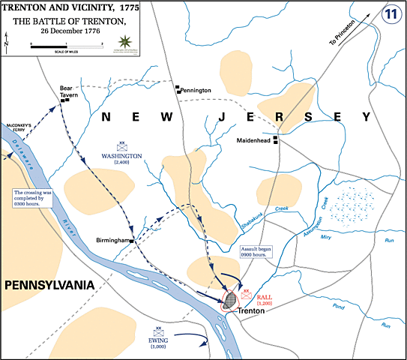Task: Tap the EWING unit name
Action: click(x=159, y=340)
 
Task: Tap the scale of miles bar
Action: click(x=66, y=46)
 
